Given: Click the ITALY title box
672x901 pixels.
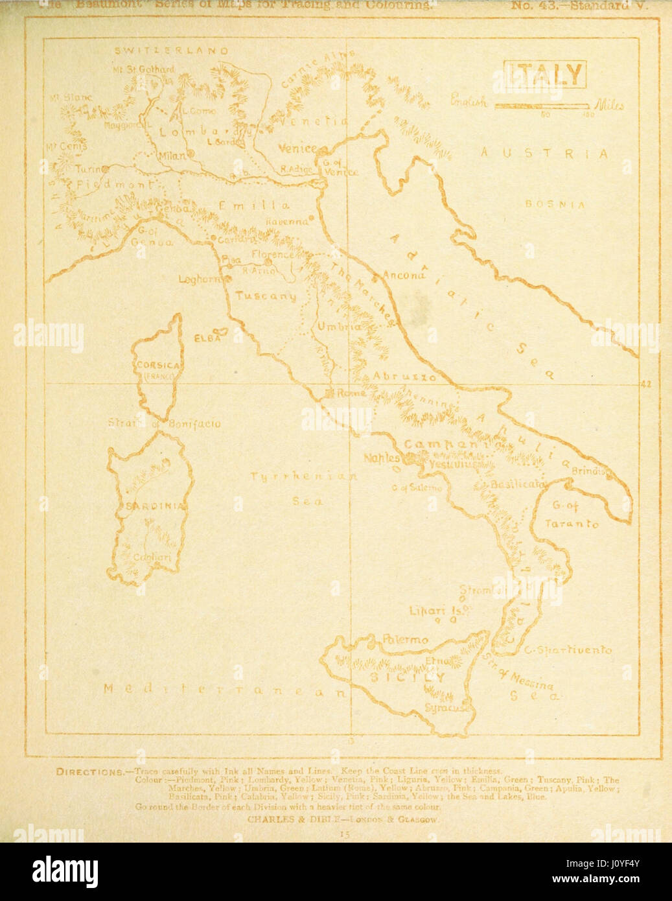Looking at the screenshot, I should pyautogui.click(x=545, y=75).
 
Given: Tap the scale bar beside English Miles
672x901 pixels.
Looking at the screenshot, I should pyautogui.click(x=542, y=105).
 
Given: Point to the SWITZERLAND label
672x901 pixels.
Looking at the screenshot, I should pyautogui.click(x=172, y=51).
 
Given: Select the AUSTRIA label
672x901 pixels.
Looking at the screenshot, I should pyautogui.click(x=544, y=154).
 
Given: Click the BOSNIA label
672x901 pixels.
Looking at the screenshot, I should pyautogui.click(x=555, y=204).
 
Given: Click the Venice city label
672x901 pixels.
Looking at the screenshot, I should pyautogui.click(x=297, y=148).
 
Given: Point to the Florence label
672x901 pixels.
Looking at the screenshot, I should pyautogui.click(x=272, y=255).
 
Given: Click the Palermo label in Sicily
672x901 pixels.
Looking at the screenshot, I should pyautogui.click(x=405, y=640).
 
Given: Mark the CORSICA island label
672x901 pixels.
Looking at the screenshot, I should pyautogui.click(x=157, y=365).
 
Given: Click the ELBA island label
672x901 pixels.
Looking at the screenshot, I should pyautogui.click(x=208, y=338).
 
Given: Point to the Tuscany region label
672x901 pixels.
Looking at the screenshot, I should pyautogui.click(x=265, y=296).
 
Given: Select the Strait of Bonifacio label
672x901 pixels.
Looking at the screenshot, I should pyautogui.click(x=164, y=424).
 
